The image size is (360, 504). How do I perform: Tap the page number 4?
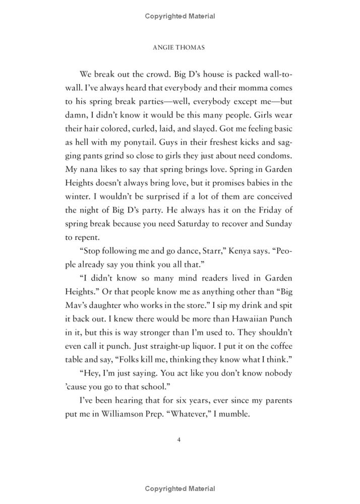point(179,439)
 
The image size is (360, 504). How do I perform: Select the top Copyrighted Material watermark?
point(179,16)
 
